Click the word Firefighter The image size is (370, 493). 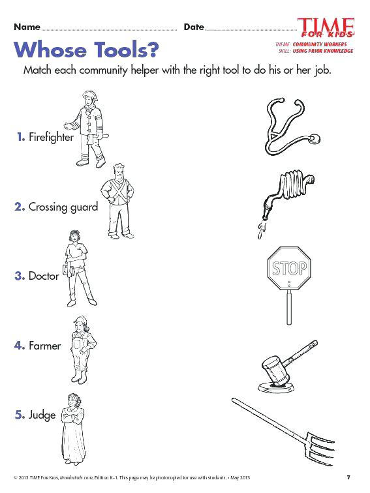(x=51, y=138)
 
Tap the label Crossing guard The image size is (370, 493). (x=63, y=207)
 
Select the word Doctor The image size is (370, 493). (x=44, y=276)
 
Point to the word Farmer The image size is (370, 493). (x=44, y=346)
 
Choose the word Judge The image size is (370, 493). (x=42, y=415)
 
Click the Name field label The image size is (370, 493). (x=27, y=27)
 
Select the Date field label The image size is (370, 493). (x=194, y=27)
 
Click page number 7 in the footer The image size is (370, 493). (x=348, y=477)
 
